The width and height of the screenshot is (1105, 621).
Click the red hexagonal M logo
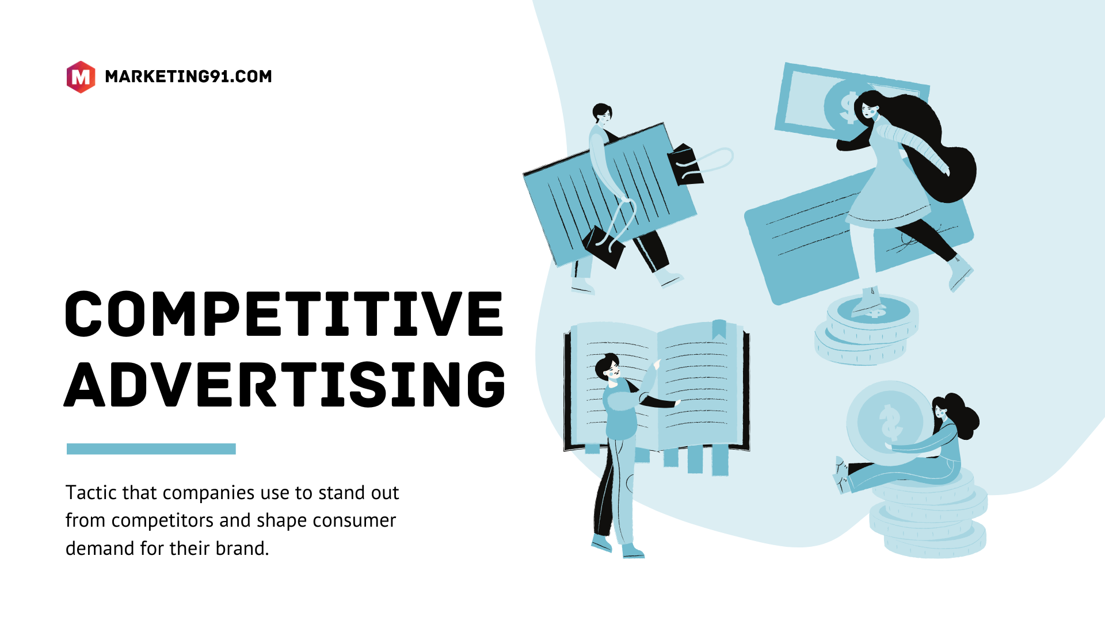point(81,76)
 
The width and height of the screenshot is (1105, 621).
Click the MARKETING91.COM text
point(188,76)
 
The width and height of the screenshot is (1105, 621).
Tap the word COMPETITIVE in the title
point(284,314)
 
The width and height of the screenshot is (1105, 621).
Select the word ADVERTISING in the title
point(284,384)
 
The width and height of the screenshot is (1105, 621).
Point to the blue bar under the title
point(151,449)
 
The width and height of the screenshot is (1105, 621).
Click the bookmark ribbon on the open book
point(719,329)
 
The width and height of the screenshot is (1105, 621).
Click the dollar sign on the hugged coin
point(891,421)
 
